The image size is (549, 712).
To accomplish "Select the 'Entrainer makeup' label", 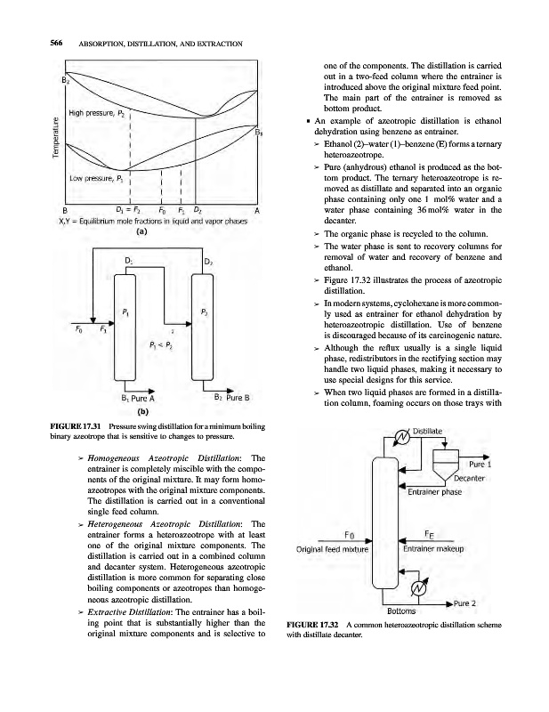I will pyautogui.click(x=433, y=548).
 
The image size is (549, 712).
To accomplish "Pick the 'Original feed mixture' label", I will pyautogui.click(x=331, y=548).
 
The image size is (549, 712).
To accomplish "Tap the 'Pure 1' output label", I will pyautogui.click(x=481, y=464).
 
